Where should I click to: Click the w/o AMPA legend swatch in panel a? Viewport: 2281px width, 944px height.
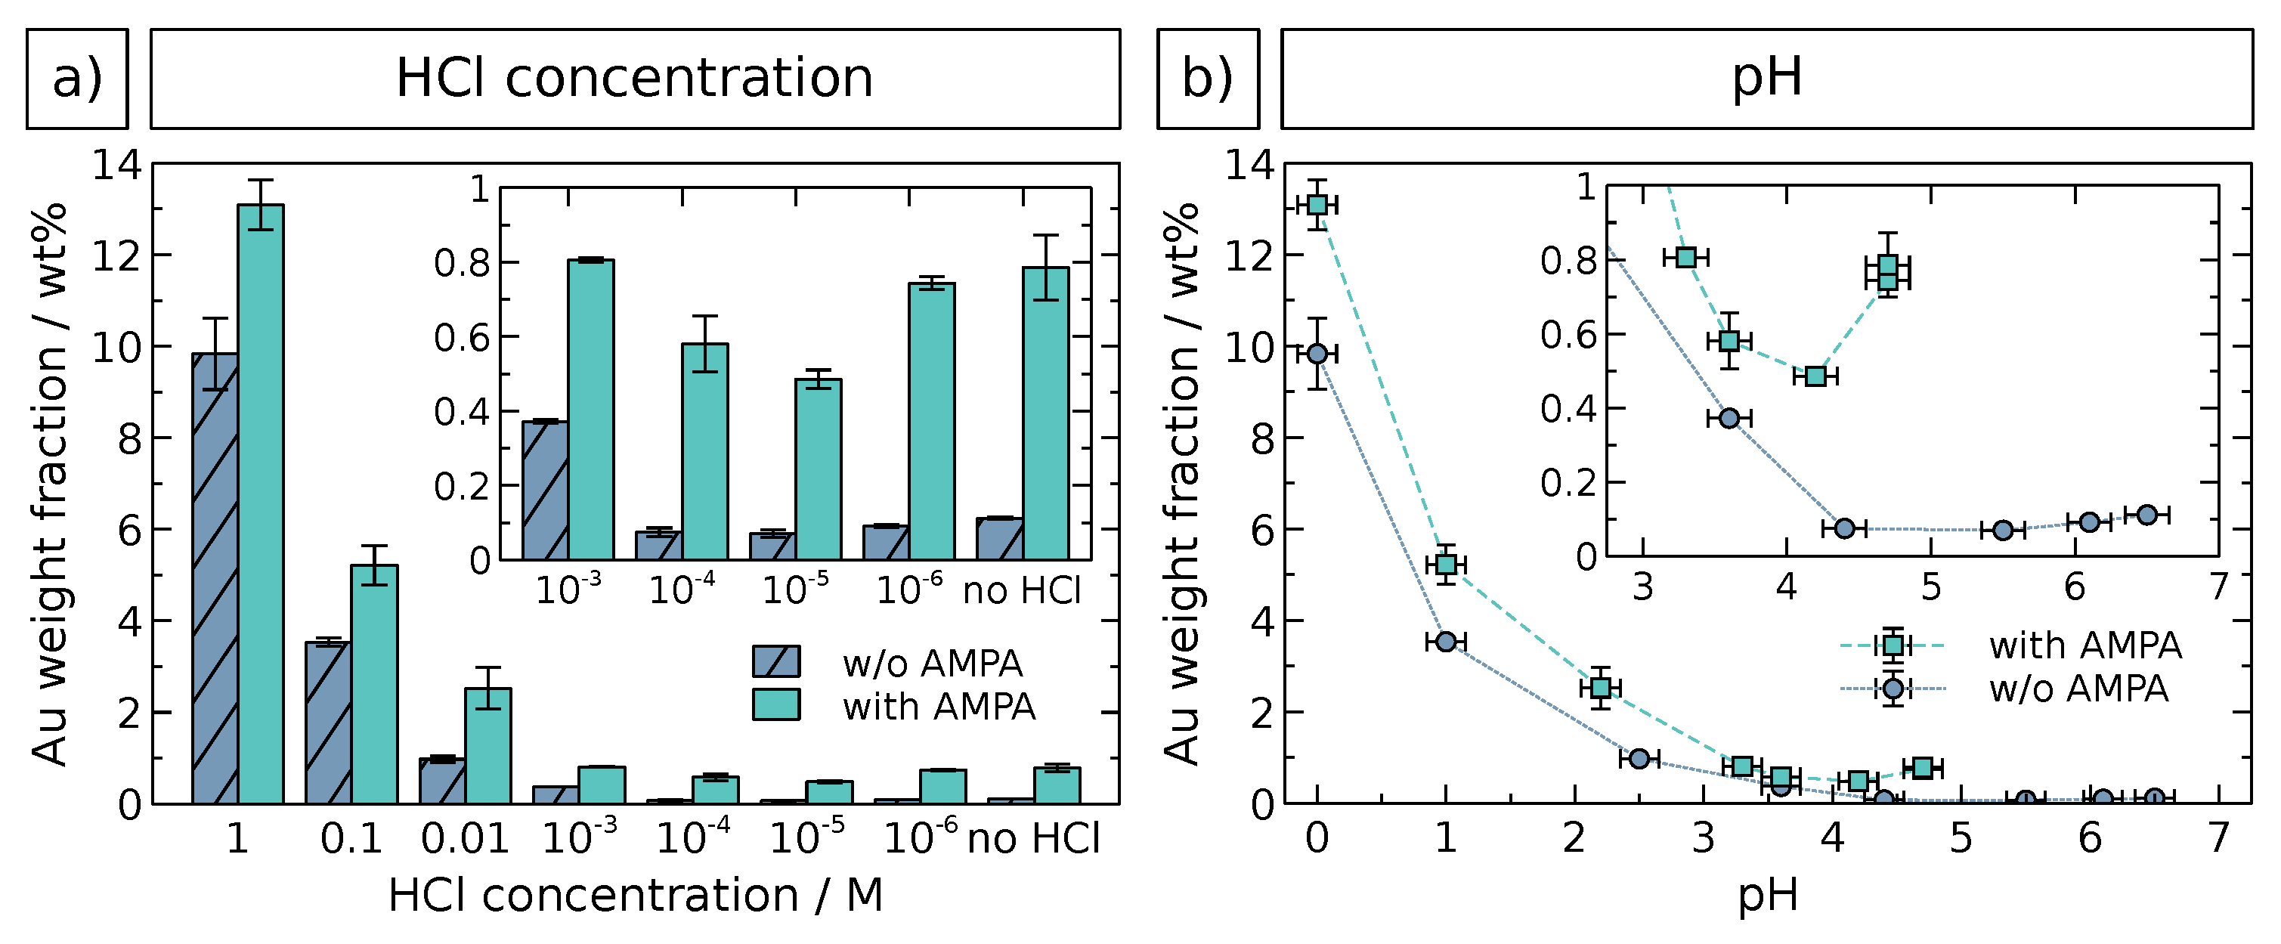coord(775,661)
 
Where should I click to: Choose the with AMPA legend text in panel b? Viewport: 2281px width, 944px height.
coord(2084,645)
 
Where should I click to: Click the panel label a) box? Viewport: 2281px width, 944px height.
coord(77,78)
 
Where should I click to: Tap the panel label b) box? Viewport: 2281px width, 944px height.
coord(1208,78)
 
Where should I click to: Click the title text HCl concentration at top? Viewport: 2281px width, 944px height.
coord(634,78)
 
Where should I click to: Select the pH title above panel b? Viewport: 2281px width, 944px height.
coord(1766,78)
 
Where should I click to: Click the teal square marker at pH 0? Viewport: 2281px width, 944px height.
coord(1317,205)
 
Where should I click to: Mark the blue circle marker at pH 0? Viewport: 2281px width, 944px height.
coord(1317,353)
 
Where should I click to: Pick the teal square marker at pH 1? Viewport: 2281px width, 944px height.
coord(1446,564)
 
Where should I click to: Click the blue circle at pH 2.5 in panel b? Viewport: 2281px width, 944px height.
coord(1639,758)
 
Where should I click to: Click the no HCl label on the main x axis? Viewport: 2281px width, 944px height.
coord(1033,837)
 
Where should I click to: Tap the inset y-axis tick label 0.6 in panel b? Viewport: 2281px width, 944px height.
coord(1568,335)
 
